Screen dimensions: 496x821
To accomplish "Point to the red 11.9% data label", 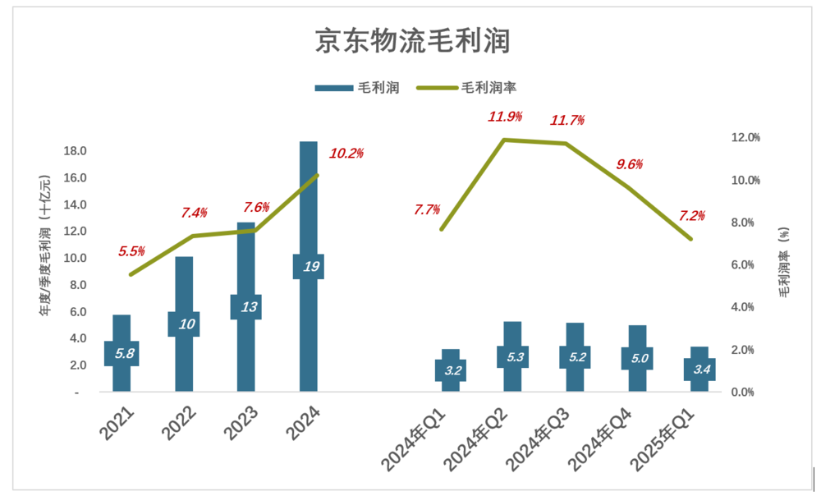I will point(505,117).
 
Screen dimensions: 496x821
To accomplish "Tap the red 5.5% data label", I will point(131,251).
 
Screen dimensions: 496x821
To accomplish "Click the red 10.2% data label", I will point(346,153).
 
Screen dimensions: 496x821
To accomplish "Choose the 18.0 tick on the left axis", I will point(76,151).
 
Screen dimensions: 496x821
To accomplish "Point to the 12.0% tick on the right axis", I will point(745,137).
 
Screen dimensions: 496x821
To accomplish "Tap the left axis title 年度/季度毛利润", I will point(46,246).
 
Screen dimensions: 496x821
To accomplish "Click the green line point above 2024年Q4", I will point(629,187).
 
